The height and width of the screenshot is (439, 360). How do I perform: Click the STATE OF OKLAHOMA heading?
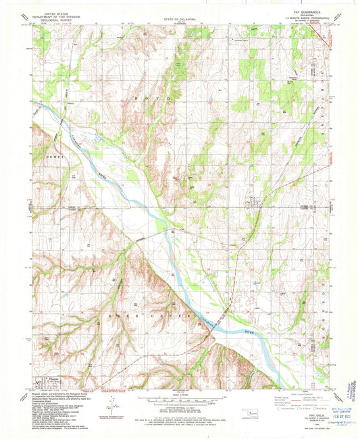180,20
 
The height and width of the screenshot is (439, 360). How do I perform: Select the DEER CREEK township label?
162,315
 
